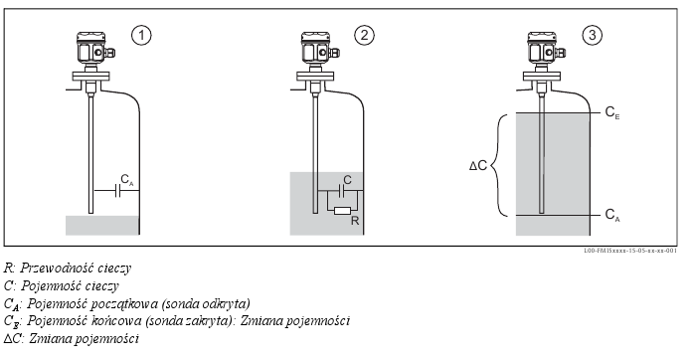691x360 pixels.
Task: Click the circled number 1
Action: [x=141, y=35]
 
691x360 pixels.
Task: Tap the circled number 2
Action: [x=364, y=35]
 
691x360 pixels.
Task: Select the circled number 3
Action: [x=593, y=35]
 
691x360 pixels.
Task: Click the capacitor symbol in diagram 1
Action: [x=117, y=191]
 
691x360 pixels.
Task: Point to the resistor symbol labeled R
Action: [x=342, y=211]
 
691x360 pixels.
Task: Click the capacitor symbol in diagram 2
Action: [x=342, y=191]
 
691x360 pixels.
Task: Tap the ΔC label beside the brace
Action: [x=478, y=166]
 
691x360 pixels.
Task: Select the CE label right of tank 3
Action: [x=612, y=112]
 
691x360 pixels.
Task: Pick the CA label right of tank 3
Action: [x=612, y=215]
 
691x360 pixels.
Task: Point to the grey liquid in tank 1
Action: [x=102, y=225]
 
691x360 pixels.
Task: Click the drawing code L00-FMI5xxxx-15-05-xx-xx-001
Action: [x=630, y=251]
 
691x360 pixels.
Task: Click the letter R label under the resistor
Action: [x=355, y=221]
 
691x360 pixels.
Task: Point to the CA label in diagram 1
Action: [x=127, y=180]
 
